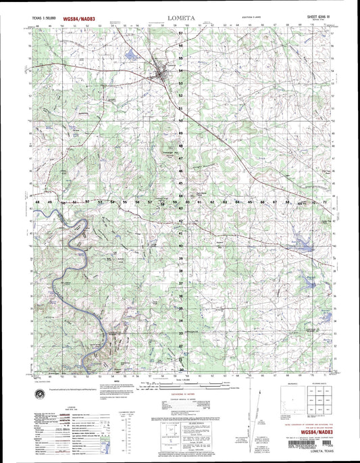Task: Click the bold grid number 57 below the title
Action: tap(180, 32)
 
